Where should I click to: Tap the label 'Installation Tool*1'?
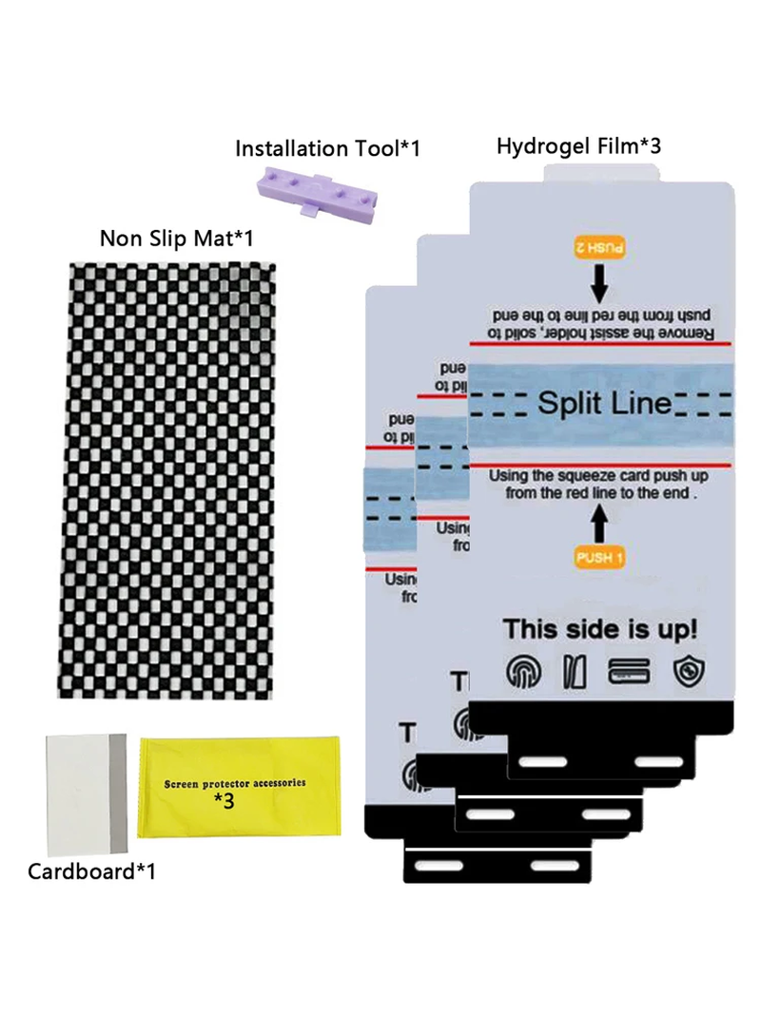(x=327, y=148)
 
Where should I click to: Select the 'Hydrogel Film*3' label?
(x=578, y=145)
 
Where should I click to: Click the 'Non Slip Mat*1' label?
(x=177, y=238)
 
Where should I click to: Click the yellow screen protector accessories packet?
(x=236, y=787)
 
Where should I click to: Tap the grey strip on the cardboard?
(x=118, y=793)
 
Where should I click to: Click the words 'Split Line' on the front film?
(x=604, y=403)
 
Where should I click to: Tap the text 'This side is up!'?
(x=599, y=628)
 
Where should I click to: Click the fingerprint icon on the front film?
(x=521, y=672)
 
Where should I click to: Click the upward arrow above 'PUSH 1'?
(x=599, y=524)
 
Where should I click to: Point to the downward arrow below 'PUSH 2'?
(x=599, y=282)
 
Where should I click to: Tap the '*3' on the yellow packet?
(x=224, y=800)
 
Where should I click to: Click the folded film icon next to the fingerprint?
(x=576, y=672)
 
